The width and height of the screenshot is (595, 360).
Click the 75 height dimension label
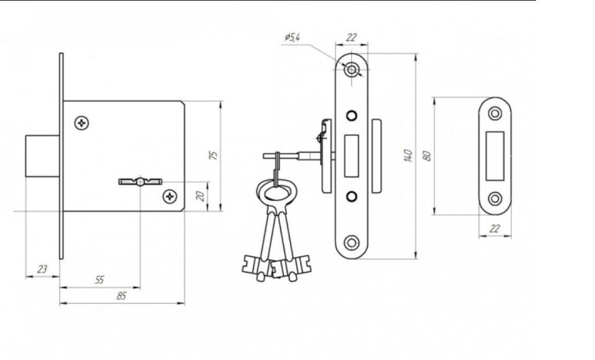214,156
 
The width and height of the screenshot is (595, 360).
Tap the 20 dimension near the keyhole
200,196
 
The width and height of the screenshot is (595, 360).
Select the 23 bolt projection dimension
42,269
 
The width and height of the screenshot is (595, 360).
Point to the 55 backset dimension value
99,280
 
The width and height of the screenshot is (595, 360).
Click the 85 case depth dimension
121,296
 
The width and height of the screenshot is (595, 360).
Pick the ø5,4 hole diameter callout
292,37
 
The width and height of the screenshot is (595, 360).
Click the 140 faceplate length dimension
408,156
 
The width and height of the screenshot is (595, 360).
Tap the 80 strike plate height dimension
427,156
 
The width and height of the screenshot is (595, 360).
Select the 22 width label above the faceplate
352,37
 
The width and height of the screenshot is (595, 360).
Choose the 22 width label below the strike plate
495,229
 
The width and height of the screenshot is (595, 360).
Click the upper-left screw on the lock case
82,123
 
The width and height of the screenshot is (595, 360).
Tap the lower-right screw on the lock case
170,196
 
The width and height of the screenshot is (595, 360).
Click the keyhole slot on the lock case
141,182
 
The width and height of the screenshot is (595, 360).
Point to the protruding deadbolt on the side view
43,156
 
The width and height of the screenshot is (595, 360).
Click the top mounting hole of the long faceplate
352,70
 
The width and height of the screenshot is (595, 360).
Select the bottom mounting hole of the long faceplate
351,243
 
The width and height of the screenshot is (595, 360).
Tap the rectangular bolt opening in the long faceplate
351,156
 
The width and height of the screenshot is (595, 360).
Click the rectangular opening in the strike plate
495,156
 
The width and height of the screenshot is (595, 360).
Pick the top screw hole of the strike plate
495,113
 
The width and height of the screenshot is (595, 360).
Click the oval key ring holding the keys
275,193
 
